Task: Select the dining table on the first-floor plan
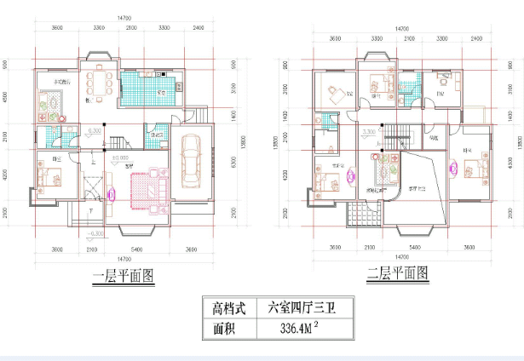click(104, 83)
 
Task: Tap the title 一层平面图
click(124, 274)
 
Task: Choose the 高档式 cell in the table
click(228, 307)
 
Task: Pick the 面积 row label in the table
click(228, 328)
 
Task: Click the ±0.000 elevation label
click(119, 158)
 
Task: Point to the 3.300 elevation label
click(369, 132)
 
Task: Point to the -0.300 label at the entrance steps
click(96, 232)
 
